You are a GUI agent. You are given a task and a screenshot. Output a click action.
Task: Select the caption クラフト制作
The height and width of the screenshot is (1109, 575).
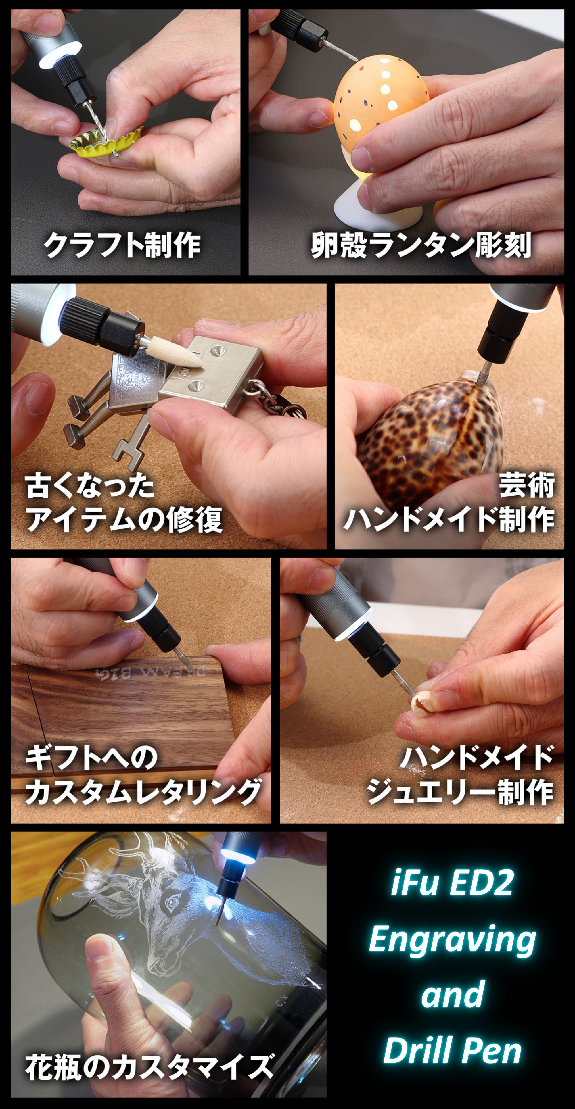click(122, 245)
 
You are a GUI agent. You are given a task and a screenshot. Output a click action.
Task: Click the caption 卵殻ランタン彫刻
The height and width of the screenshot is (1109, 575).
click(421, 245)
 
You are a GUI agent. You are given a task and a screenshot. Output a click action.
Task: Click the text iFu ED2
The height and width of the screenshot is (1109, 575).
click(452, 882)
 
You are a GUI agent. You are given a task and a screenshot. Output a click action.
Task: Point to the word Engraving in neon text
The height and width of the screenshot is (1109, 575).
click(452, 941)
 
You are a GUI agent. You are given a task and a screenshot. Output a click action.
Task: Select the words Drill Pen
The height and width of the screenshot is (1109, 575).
click(452, 1050)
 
